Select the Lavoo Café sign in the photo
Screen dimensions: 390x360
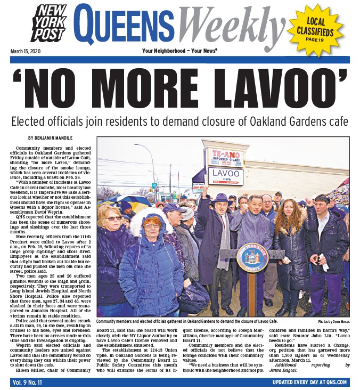[x=225, y=176]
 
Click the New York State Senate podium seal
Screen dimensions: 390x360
[x=252, y=258]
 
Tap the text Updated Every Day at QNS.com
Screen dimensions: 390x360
[x=309, y=382]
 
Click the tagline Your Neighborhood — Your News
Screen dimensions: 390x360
[x=179, y=51]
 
